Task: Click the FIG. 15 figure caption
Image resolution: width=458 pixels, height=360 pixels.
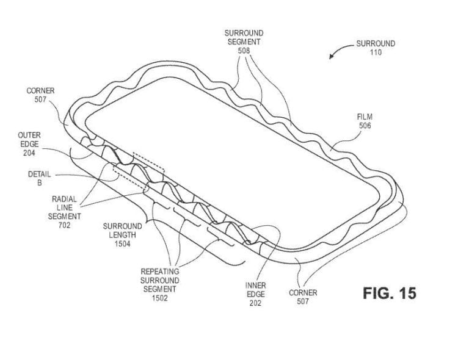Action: [x=390, y=293]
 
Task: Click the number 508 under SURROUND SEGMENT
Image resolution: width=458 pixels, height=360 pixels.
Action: [x=243, y=51]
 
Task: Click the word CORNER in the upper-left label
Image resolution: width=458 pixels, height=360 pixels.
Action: [x=41, y=91]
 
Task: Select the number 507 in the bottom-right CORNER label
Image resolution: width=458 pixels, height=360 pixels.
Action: [x=303, y=301]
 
